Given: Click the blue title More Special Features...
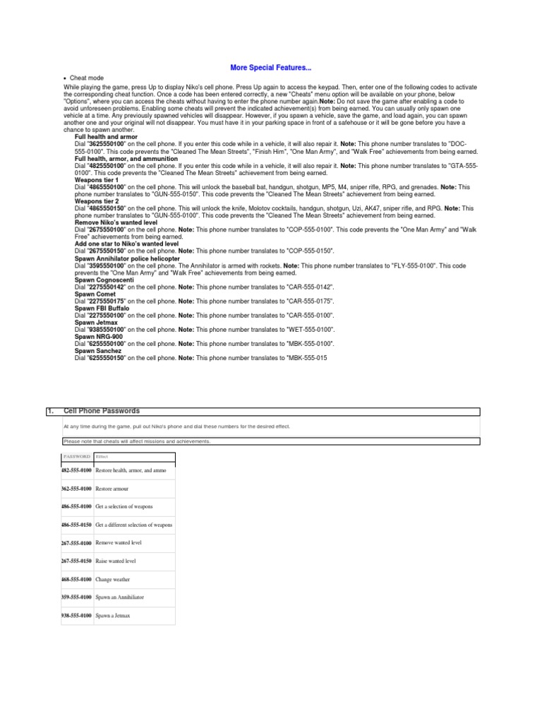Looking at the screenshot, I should pyautogui.click(x=271, y=68).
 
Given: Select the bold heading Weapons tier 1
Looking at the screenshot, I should pyautogui.click(x=97, y=180).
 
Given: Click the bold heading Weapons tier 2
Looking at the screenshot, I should pyautogui.click(x=97, y=201).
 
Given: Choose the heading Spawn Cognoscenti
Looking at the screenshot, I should pyautogui.click(x=105, y=280).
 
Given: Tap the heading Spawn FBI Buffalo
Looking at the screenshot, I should pyautogui.click(x=104, y=309).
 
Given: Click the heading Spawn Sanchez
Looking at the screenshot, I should pyautogui.click(x=98, y=351).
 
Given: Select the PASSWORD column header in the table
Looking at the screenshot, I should pyautogui.click(x=77, y=457).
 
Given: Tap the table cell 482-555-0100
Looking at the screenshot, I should pyautogui.click(x=76, y=470).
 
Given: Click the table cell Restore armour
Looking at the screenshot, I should pyautogui.click(x=112, y=489).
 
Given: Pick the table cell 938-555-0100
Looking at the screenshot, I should pyautogui.click(x=76, y=616).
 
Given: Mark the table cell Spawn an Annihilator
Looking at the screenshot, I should pyautogui.click(x=119, y=597).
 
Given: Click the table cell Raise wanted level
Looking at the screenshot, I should pyautogui.click(x=116, y=561).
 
